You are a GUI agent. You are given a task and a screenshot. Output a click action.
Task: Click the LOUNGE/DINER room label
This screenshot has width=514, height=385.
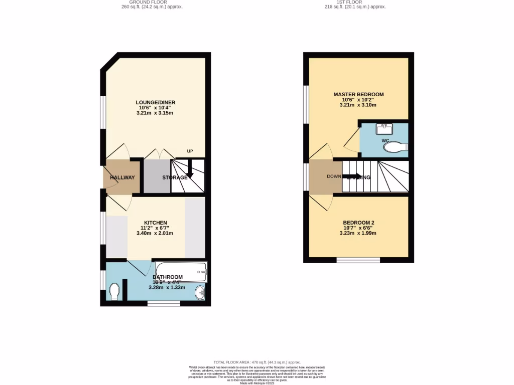(x=156, y=102)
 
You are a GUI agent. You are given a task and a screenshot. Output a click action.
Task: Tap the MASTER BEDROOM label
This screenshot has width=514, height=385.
(x=358, y=94)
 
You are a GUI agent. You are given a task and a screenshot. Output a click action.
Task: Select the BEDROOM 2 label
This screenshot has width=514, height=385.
(x=358, y=223)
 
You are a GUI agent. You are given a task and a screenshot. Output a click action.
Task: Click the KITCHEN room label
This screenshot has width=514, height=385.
(x=156, y=223)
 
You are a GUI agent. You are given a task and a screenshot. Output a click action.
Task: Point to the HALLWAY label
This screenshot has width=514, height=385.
(x=122, y=177)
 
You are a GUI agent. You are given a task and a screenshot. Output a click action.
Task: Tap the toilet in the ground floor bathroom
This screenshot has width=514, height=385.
(x=114, y=291)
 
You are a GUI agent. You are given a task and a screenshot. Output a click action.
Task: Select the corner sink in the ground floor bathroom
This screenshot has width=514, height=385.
(x=200, y=292)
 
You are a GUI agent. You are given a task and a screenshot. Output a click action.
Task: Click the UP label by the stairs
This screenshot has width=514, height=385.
(x=190, y=151)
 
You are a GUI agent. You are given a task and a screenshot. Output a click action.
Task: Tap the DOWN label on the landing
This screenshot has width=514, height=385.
(x=334, y=176)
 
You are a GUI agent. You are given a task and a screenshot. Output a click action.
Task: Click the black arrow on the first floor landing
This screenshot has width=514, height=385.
(x=350, y=176)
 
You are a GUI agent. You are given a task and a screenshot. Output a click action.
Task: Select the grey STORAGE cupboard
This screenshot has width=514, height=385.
(x=157, y=176)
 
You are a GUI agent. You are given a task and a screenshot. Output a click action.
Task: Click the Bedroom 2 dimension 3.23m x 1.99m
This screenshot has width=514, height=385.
(x=358, y=233)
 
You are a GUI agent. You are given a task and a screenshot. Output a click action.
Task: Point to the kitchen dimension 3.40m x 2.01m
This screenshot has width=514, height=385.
(x=156, y=233)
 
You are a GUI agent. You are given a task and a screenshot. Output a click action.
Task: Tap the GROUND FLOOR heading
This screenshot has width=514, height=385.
(x=152, y=2)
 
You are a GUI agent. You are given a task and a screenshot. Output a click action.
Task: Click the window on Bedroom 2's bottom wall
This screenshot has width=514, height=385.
(x=358, y=260)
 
